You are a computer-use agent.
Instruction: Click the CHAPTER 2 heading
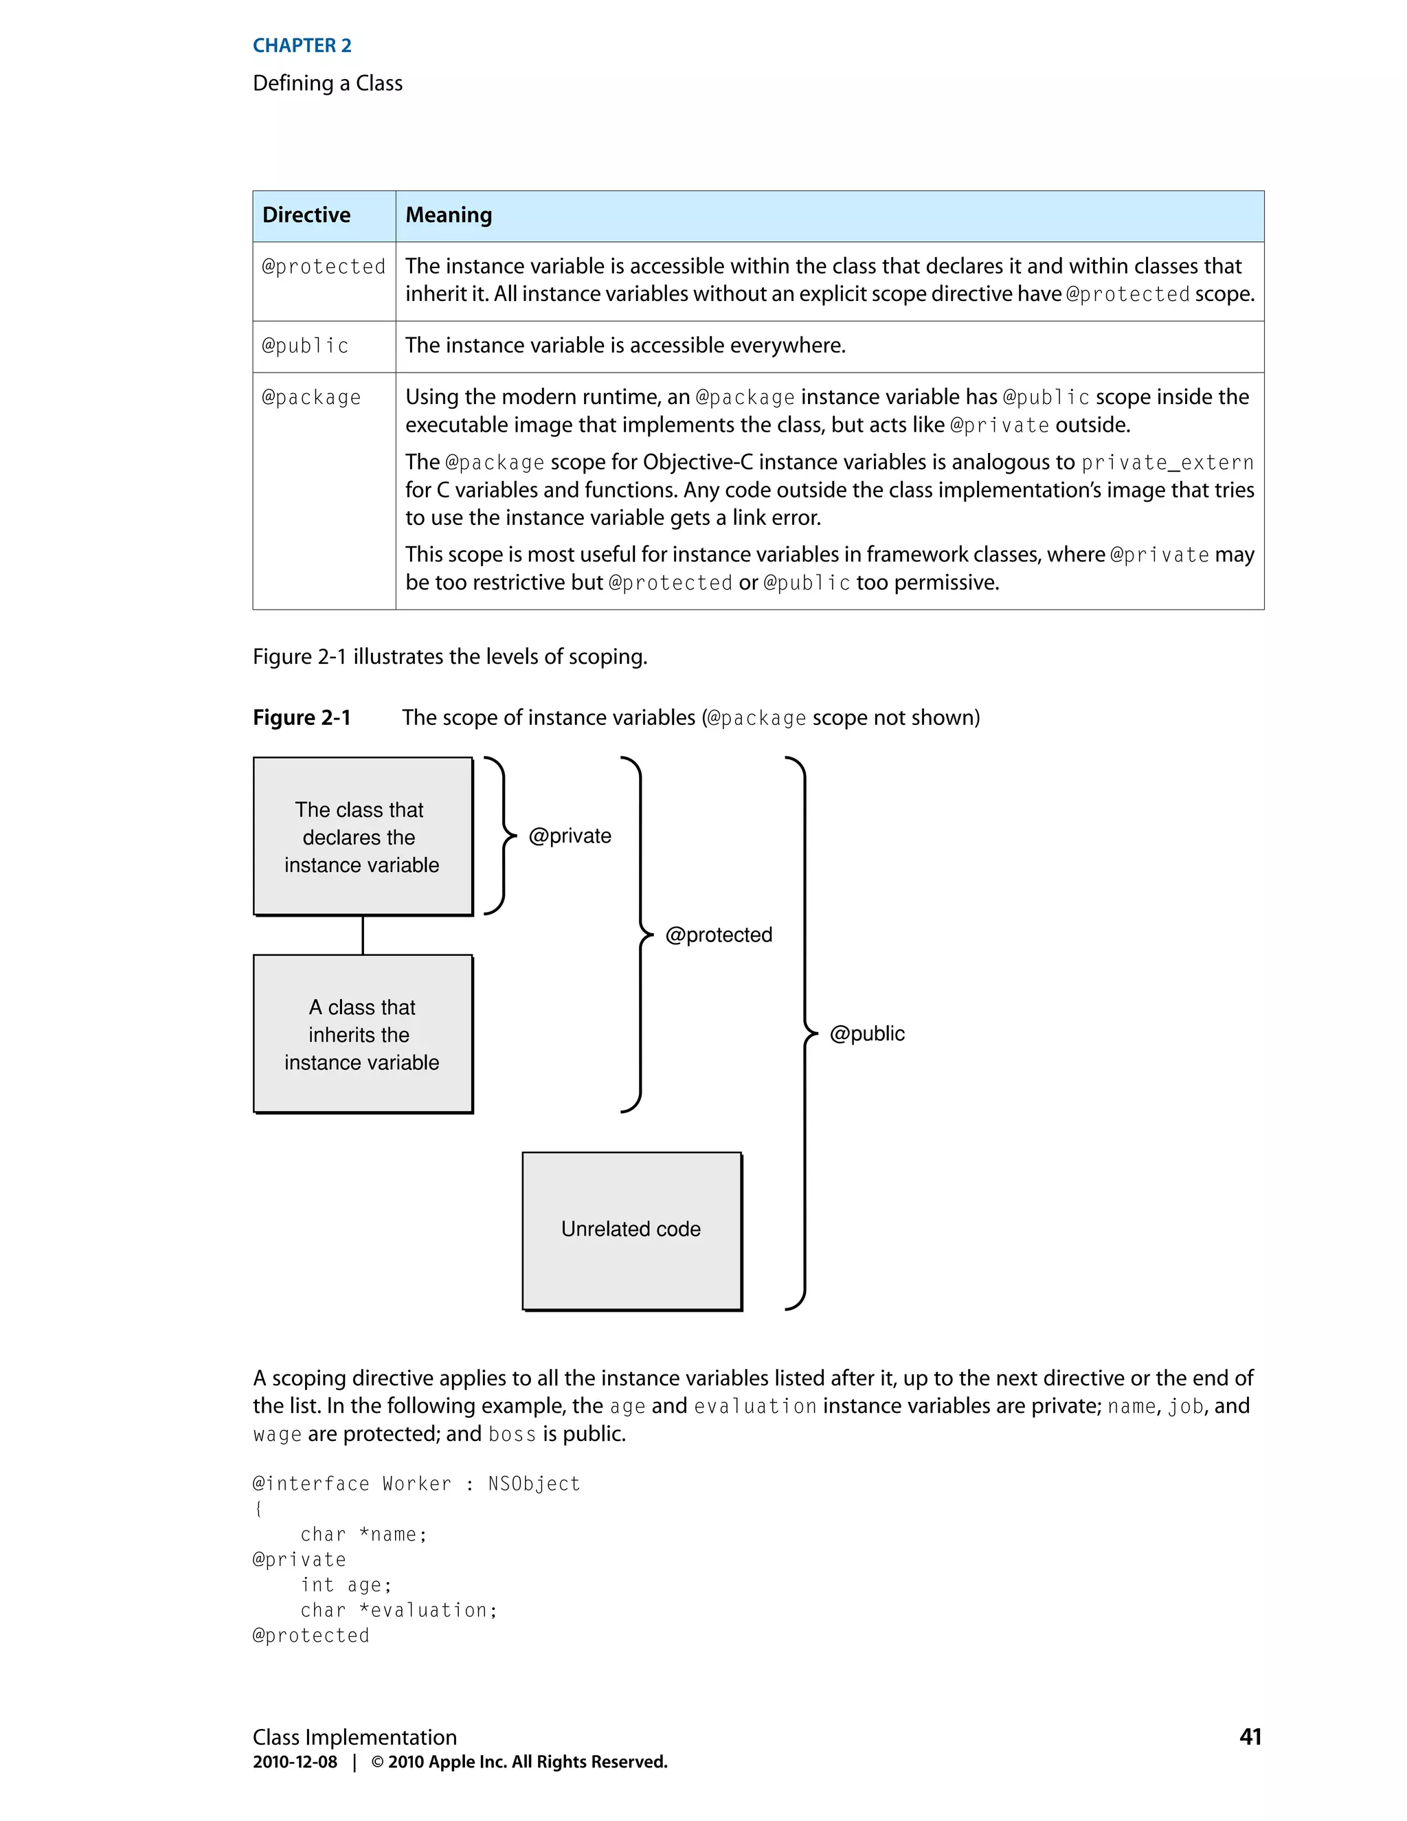[302, 46]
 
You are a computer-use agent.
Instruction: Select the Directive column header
[306, 215]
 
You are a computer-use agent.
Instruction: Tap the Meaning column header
[449, 215]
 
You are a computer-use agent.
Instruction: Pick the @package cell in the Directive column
[311, 398]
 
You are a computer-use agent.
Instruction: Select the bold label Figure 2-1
[302, 718]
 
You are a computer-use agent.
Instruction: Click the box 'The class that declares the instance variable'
[363, 836]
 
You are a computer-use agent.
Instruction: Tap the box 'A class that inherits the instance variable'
[363, 1034]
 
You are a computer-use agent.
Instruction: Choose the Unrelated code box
[631, 1230]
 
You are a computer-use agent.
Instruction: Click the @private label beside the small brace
[570, 836]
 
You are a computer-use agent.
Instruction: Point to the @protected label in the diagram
[719, 935]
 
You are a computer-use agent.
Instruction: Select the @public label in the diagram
[867, 1034]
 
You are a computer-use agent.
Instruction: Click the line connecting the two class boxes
[363, 935]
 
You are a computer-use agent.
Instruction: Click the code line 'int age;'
[346, 1585]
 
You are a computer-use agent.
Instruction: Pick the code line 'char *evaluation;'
[398, 1610]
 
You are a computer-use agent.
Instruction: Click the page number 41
[1250, 1736]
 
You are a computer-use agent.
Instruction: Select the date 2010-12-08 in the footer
[295, 1762]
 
